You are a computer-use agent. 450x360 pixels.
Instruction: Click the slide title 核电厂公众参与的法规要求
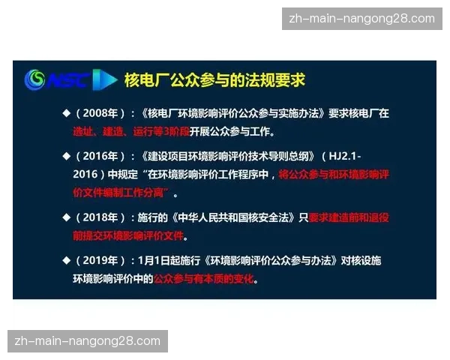click(214, 79)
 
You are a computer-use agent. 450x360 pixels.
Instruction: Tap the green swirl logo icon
click(35, 79)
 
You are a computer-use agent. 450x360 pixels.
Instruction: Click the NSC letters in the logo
click(67, 79)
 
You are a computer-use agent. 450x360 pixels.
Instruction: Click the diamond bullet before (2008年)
click(66, 114)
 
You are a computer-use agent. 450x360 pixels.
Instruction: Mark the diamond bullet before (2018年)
click(66, 217)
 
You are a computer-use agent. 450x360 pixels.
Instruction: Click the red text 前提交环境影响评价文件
click(128, 235)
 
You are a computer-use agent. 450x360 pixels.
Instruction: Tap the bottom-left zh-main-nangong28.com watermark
click(87, 341)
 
